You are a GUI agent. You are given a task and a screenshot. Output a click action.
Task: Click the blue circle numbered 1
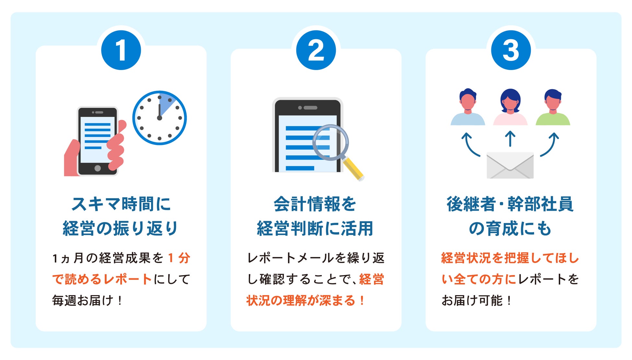click(x=121, y=50)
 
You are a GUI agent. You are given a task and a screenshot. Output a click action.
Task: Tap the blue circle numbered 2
click(x=316, y=50)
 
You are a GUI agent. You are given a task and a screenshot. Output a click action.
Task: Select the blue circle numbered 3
click(x=511, y=50)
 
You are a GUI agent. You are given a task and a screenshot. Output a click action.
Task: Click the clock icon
click(x=159, y=118)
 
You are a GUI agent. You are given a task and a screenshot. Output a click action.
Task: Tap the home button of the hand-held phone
click(x=98, y=168)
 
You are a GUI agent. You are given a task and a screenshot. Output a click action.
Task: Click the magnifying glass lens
click(x=331, y=143)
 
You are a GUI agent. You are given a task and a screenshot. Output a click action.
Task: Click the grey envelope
click(x=510, y=165)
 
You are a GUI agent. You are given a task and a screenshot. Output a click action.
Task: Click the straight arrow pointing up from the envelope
click(x=510, y=139)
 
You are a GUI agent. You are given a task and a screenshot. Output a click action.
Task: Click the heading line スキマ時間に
click(x=121, y=204)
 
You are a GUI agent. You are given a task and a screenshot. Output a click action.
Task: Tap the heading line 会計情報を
click(x=315, y=204)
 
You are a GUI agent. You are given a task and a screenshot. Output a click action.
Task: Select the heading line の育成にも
click(x=510, y=229)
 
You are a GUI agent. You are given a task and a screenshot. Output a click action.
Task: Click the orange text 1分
click(x=179, y=258)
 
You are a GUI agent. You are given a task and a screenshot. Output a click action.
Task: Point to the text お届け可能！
click(x=476, y=301)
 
